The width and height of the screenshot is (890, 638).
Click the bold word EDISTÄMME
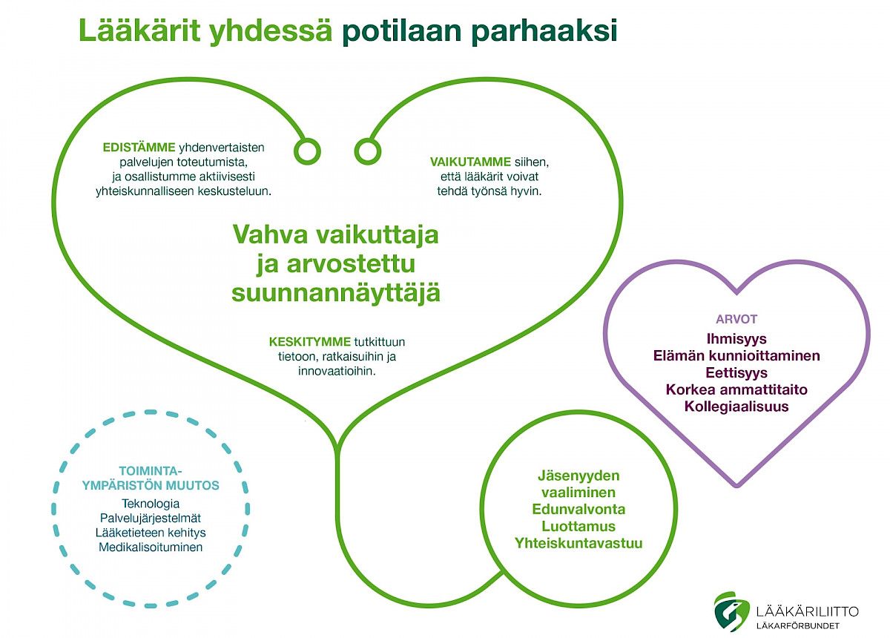tap(139, 147)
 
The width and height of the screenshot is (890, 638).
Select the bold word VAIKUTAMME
tap(470, 162)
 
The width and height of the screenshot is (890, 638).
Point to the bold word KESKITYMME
tap(310, 341)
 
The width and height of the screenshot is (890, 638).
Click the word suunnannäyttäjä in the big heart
tap(336, 293)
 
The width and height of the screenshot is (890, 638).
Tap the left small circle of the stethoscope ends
tap(307, 151)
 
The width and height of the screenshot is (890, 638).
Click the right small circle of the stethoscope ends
tap(368, 151)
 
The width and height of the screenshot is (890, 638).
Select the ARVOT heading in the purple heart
tap(736, 319)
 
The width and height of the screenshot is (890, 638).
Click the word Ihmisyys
tap(736, 339)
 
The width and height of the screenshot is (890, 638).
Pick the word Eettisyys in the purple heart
tap(736, 373)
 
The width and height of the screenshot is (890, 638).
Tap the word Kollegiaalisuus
tap(736, 407)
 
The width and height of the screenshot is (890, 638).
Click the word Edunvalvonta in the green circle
tap(578, 509)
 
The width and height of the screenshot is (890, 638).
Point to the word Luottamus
tap(578, 526)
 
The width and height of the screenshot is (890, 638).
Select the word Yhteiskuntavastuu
tap(578, 543)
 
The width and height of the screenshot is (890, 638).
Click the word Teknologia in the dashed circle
tap(151, 504)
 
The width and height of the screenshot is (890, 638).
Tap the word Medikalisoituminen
tap(151, 547)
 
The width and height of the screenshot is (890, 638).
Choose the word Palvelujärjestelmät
tap(151, 518)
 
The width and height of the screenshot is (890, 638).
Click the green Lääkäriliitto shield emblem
tap(731, 611)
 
